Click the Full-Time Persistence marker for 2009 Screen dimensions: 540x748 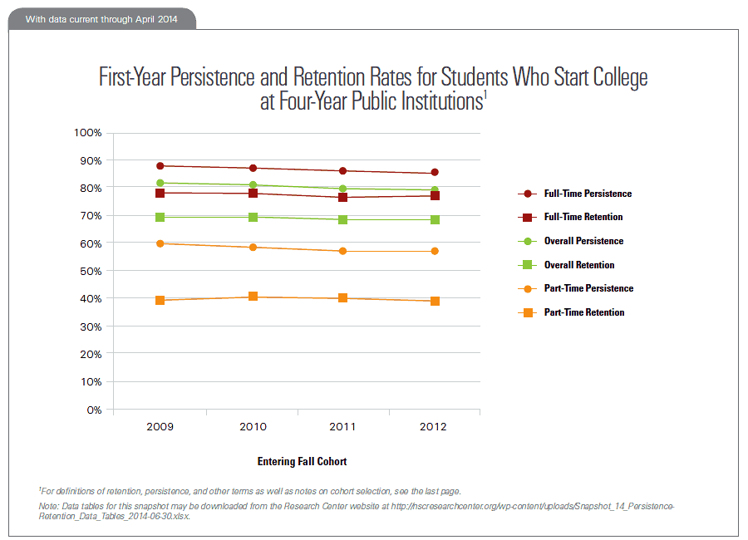(x=160, y=166)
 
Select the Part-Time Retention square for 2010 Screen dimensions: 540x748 (x=252, y=297)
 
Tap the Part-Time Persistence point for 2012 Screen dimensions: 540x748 (x=434, y=251)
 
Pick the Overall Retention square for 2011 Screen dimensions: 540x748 (x=342, y=219)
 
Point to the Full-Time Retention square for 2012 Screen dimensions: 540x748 (x=434, y=196)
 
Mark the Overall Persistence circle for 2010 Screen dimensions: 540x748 (x=252, y=185)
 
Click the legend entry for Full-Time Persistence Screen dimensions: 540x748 (x=588, y=194)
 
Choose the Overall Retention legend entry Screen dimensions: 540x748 (x=579, y=265)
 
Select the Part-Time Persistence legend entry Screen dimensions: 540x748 (x=588, y=288)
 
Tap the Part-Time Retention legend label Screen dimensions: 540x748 (x=584, y=312)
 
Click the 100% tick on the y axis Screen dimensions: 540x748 (x=88, y=133)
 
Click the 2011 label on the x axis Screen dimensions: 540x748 (x=342, y=427)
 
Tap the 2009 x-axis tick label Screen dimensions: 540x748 (x=160, y=427)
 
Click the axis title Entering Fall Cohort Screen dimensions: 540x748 (x=302, y=461)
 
